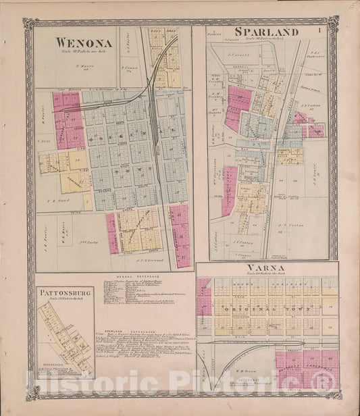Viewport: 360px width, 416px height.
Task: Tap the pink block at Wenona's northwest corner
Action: pyautogui.click(x=66, y=101)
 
